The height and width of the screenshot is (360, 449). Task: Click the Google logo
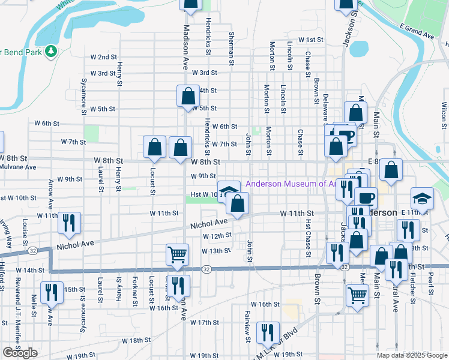20,353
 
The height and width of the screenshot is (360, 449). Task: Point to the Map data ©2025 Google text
411,355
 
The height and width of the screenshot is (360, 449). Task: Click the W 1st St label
312,40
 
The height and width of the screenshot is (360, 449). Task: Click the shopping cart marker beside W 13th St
178,254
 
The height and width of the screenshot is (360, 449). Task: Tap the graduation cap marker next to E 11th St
422,198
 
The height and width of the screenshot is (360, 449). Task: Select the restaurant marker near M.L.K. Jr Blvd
267,332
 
